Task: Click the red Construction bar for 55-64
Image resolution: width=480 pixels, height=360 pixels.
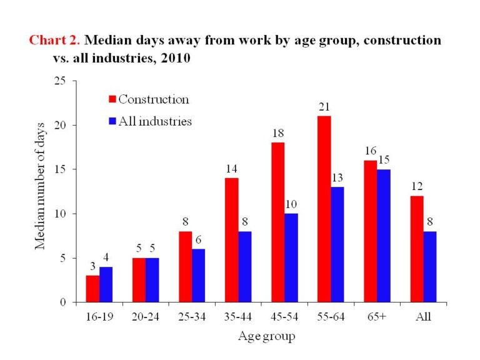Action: (324, 209)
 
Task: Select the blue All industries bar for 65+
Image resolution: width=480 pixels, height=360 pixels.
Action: (383, 236)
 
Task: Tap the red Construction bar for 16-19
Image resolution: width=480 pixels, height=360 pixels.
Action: (92, 289)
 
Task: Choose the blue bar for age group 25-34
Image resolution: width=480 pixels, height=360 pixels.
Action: (198, 276)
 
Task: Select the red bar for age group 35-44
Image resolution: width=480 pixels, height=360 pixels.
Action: (231, 240)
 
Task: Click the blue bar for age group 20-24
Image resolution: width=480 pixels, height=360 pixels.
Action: (152, 280)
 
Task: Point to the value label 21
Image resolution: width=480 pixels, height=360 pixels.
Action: (324, 107)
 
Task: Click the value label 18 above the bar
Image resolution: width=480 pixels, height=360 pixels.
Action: (277, 134)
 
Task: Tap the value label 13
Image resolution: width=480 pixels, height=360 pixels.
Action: (337, 178)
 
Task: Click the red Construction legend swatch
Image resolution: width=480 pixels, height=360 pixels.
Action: (112, 99)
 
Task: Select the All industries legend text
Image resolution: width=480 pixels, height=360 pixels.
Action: (155, 121)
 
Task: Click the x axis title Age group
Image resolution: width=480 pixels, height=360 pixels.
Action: (266, 337)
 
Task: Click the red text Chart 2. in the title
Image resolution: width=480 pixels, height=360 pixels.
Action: (54, 41)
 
